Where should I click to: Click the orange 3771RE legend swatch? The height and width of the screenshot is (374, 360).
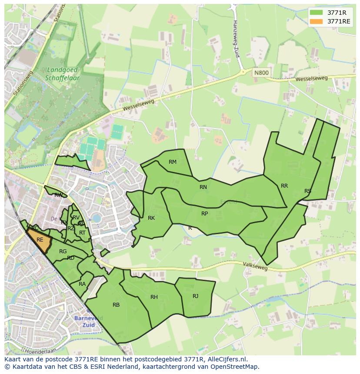point(317,21)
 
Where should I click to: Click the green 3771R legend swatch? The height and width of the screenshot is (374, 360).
point(317,12)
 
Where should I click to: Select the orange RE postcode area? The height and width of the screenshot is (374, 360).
point(40,240)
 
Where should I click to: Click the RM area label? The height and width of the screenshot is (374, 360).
point(173,162)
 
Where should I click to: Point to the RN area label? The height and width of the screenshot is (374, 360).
point(203,187)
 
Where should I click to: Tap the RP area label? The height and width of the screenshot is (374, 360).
point(204,214)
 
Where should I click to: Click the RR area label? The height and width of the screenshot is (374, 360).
point(284,186)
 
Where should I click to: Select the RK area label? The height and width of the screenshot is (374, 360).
point(151,218)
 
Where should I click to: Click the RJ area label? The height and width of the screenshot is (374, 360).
point(196,296)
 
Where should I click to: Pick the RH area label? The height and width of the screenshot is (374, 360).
point(154,297)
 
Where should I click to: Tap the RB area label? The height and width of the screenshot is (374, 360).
point(116,305)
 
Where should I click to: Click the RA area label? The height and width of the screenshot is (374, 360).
point(82,284)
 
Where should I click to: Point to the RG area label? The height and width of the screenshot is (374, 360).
point(63,252)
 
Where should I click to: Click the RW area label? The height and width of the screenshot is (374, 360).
point(58,195)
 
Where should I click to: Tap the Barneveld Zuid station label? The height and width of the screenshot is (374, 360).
point(88,321)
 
